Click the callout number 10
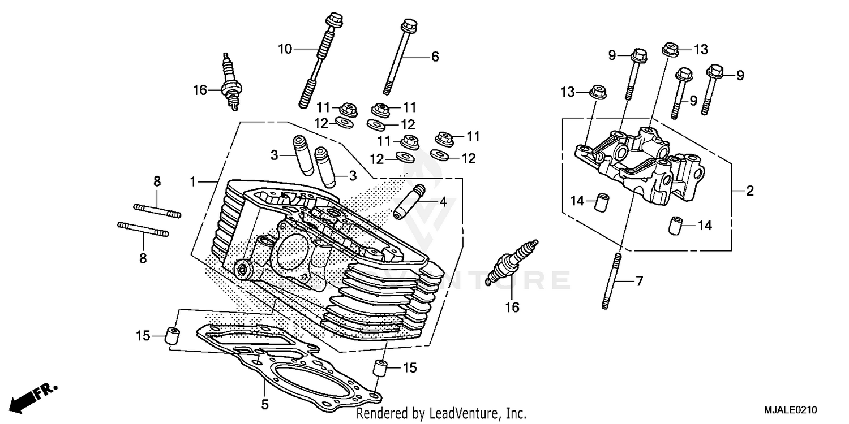click(x=285, y=49)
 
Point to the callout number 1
click(x=193, y=182)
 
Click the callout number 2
click(x=749, y=191)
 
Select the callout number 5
click(x=264, y=404)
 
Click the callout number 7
click(x=639, y=281)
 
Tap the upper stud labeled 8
click(x=157, y=210)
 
